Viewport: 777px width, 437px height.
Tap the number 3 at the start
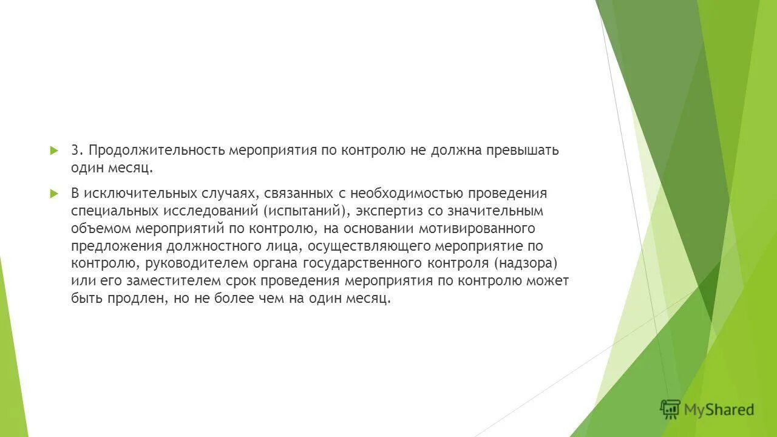point(75,151)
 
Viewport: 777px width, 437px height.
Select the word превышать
point(522,151)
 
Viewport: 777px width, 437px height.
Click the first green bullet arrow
point(53,150)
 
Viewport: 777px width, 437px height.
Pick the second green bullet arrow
point(53,194)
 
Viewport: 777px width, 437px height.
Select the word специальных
point(114,211)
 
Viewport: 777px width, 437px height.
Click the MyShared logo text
point(719,410)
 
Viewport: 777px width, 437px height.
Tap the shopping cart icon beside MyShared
point(670,410)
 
